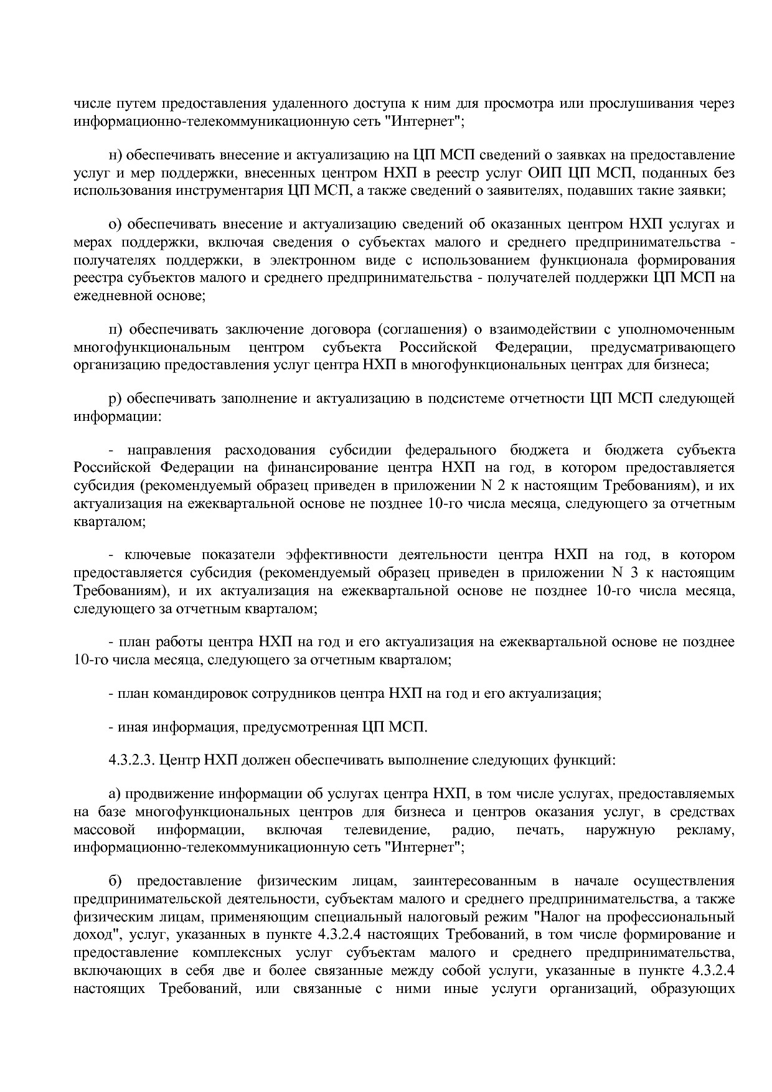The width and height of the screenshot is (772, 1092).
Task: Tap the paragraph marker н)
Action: [x=115, y=155]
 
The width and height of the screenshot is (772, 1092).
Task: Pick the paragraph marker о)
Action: [x=115, y=225]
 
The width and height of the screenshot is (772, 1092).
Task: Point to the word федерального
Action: [x=450, y=450]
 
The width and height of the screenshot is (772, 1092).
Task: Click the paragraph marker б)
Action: [x=115, y=882]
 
